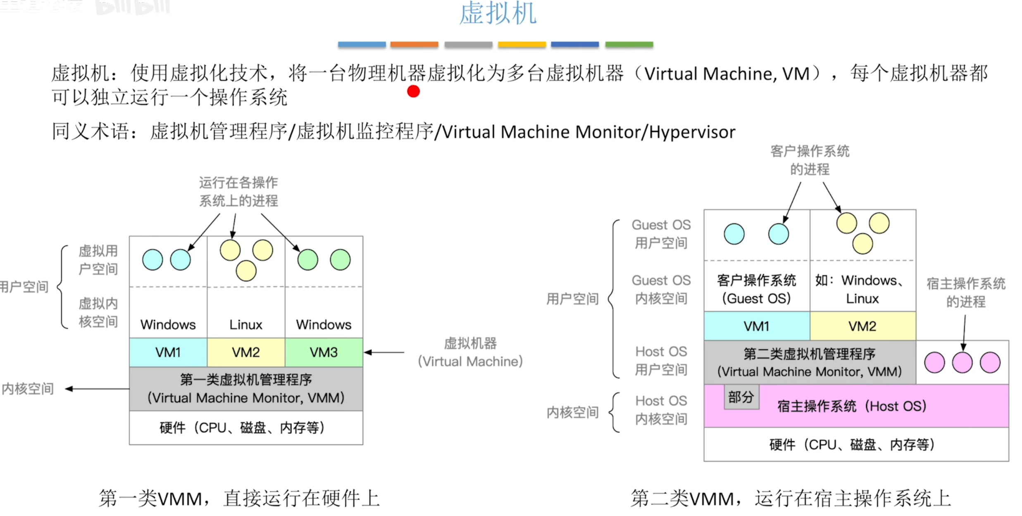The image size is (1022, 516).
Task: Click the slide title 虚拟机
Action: (x=498, y=13)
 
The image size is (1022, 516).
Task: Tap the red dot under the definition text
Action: (x=413, y=91)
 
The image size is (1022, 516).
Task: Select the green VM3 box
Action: (x=324, y=352)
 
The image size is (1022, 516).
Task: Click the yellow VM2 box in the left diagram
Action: (x=246, y=352)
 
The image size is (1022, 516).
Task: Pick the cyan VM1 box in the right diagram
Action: (x=757, y=326)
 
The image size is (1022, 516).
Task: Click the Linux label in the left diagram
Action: (x=246, y=325)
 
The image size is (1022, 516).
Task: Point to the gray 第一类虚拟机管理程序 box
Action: (x=246, y=388)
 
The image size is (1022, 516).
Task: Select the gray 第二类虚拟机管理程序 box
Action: (x=810, y=362)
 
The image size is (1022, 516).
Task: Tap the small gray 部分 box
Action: (x=741, y=397)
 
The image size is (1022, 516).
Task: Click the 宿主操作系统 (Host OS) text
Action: (x=851, y=407)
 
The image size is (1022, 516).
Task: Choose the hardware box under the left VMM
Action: (x=246, y=428)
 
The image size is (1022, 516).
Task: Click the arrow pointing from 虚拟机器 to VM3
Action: (x=384, y=352)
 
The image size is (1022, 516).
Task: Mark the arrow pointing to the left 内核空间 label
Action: (x=97, y=389)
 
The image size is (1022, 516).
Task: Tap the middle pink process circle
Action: (x=962, y=363)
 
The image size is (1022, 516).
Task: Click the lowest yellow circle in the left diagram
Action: (x=246, y=271)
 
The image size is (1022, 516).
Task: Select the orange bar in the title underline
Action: (x=414, y=45)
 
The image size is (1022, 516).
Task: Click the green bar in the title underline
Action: (x=629, y=45)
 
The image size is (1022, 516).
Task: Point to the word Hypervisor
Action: (x=692, y=132)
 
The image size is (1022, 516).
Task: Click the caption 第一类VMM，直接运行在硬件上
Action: (x=239, y=498)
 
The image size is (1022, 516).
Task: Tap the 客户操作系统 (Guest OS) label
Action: (x=756, y=289)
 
